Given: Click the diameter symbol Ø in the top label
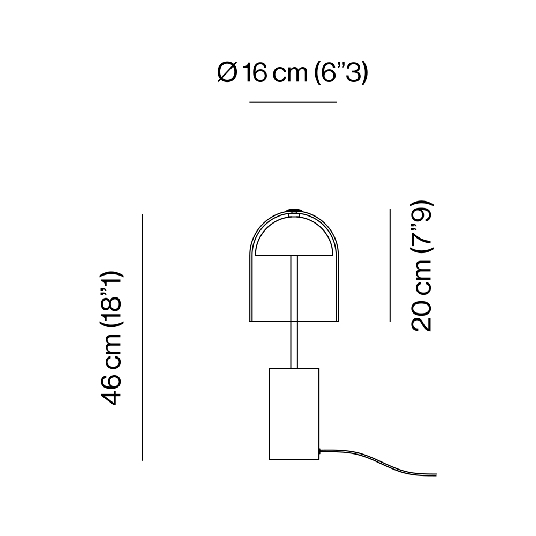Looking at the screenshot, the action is (227, 73).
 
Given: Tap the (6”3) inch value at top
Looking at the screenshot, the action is (340, 73).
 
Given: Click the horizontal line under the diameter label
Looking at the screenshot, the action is (293, 102).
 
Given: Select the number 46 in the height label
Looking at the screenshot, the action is (111, 390).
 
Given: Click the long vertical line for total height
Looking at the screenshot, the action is (142, 337).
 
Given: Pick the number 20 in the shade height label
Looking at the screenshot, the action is (421, 316).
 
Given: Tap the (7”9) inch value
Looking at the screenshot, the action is (421, 226).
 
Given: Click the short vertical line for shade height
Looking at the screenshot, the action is (390, 265).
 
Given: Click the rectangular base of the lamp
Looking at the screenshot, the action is (294, 414).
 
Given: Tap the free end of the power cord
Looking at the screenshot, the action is (436, 475).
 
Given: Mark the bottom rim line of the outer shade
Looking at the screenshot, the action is (294, 321).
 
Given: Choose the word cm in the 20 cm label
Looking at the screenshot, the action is (421, 278).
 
